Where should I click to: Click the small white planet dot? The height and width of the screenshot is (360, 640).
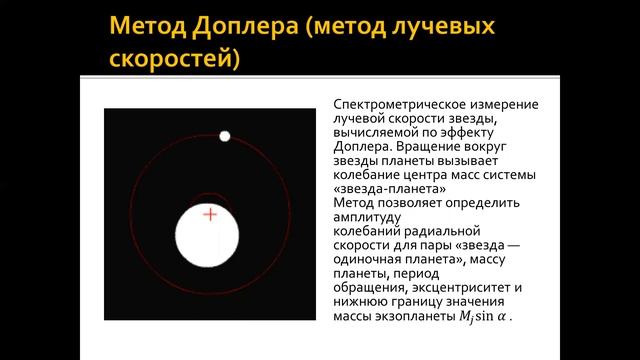(224, 136)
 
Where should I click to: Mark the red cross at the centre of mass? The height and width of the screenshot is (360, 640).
(210, 214)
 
